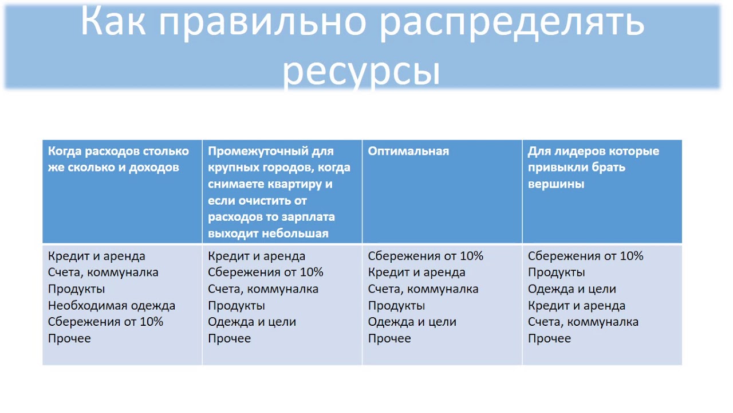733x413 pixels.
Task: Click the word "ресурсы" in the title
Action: (x=362, y=72)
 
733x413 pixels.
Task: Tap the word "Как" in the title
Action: (x=115, y=22)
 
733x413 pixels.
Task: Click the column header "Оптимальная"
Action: (x=408, y=151)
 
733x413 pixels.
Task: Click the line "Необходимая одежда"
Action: (x=112, y=306)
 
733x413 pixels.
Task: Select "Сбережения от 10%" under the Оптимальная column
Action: (x=425, y=256)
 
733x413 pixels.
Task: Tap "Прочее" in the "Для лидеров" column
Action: (x=549, y=338)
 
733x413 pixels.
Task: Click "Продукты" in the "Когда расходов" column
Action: (x=77, y=289)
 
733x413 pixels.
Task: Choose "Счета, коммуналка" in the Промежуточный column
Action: (x=263, y=289)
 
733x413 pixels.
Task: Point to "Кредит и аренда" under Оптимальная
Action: (x=416, y=272)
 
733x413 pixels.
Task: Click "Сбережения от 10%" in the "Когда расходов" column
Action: (x=105, y=322)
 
